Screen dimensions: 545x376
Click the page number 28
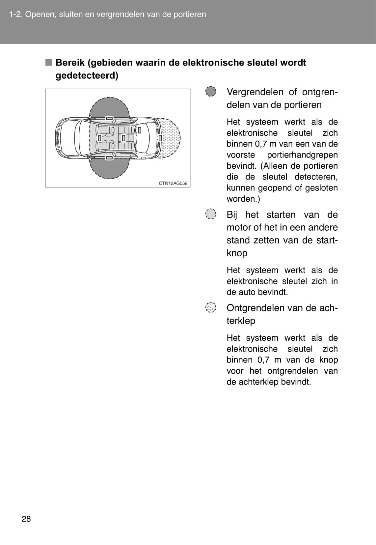[26, 519]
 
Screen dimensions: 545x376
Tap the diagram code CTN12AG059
[173, 183]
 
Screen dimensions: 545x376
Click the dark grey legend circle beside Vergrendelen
[210, 92]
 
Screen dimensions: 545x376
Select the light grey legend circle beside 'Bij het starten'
[210, 214]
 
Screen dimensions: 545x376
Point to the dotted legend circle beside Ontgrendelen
[210, 307]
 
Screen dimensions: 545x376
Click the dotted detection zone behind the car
[171, 138]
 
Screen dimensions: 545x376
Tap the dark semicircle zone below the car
[109, 169]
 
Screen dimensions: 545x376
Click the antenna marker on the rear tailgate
[160, 138]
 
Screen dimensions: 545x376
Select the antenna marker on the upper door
[109, 118]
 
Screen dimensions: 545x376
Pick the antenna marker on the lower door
[109, 158]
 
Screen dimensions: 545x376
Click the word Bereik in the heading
[70, 63]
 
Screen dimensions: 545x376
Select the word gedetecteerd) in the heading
[87, 75]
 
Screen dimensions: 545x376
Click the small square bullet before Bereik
[49, 63]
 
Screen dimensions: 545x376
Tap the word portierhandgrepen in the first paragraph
[302, 155]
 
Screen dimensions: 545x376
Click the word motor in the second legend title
[239, 227]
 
